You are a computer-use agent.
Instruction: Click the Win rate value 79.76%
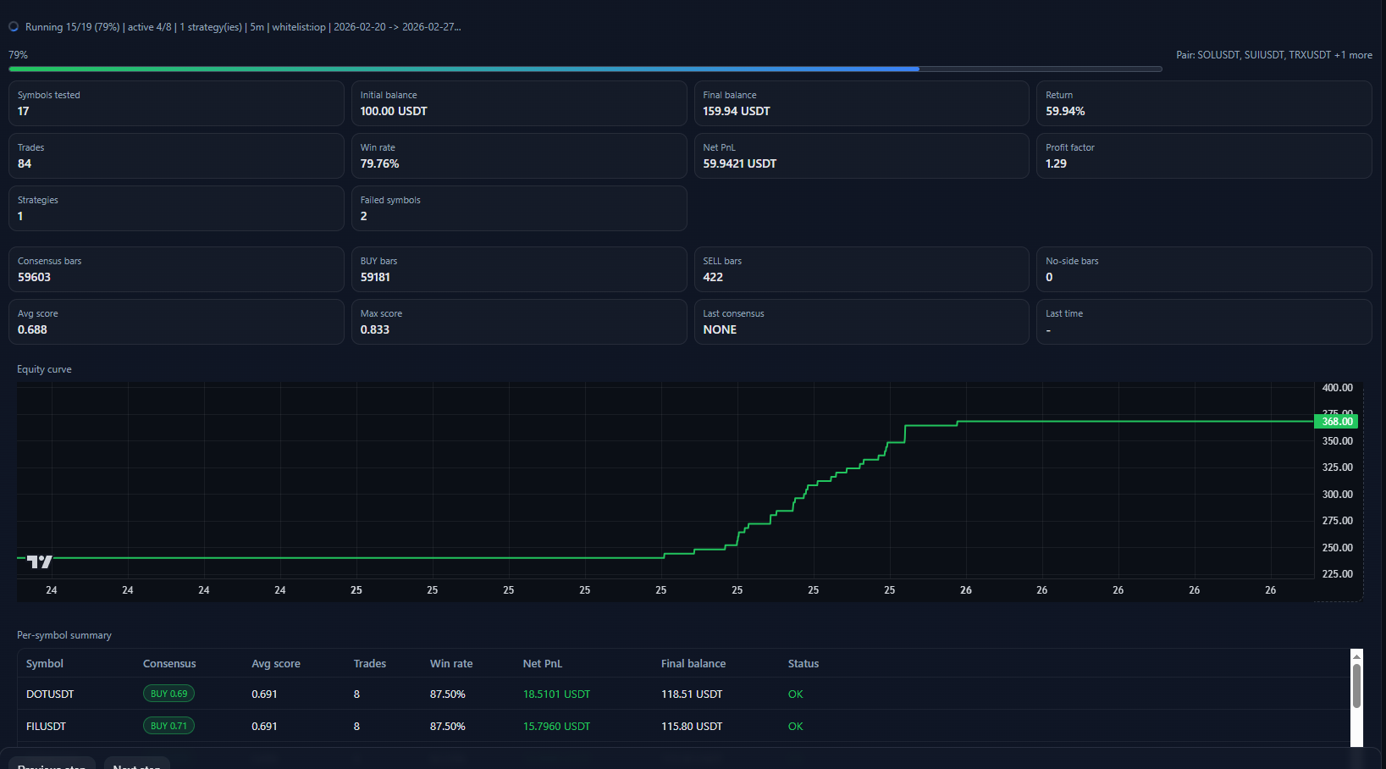(379, 163)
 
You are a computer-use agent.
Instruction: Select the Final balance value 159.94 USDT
(736, 111)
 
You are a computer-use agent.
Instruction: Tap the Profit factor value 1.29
(1056, 163)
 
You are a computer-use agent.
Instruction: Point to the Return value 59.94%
(1065, 111)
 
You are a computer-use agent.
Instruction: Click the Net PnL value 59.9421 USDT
(739, 163)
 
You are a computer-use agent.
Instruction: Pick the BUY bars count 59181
(375, 277)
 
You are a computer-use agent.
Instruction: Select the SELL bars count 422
(713, 277)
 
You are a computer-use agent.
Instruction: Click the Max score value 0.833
(375, 329)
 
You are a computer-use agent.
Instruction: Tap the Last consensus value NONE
(720, 329)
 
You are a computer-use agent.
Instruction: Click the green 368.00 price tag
(1336, 422)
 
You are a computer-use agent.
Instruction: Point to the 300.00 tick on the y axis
(1338, 495)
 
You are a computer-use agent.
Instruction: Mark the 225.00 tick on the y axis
(1338, 574)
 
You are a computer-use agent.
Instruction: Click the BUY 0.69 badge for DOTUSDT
(168, 694)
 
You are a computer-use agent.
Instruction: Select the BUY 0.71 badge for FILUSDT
(168, 726)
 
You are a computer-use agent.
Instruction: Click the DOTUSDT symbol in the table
(50, 694)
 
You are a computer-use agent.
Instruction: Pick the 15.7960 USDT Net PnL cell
(556, 727)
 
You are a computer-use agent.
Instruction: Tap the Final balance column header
(693, 664)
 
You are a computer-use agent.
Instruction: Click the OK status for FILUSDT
(795, 727)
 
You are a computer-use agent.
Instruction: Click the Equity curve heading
(44, 369)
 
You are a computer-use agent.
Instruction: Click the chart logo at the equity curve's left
(40, 562)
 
